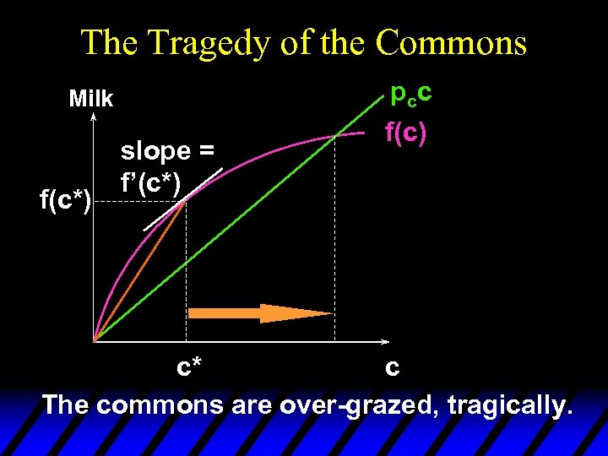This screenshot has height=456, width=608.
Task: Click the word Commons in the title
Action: click(x=451, y=42)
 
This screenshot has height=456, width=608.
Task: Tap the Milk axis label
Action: click(x=90, y=99)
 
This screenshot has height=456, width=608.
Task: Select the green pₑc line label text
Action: click(x=411, y=93)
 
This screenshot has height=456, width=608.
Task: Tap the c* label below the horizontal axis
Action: click(x=188, y=369)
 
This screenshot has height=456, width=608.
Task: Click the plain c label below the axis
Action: click(x=391, y=368)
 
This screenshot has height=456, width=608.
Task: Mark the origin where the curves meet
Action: click(x=95, y=340)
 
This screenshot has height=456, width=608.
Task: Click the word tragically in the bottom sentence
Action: click(x=509, y=404)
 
